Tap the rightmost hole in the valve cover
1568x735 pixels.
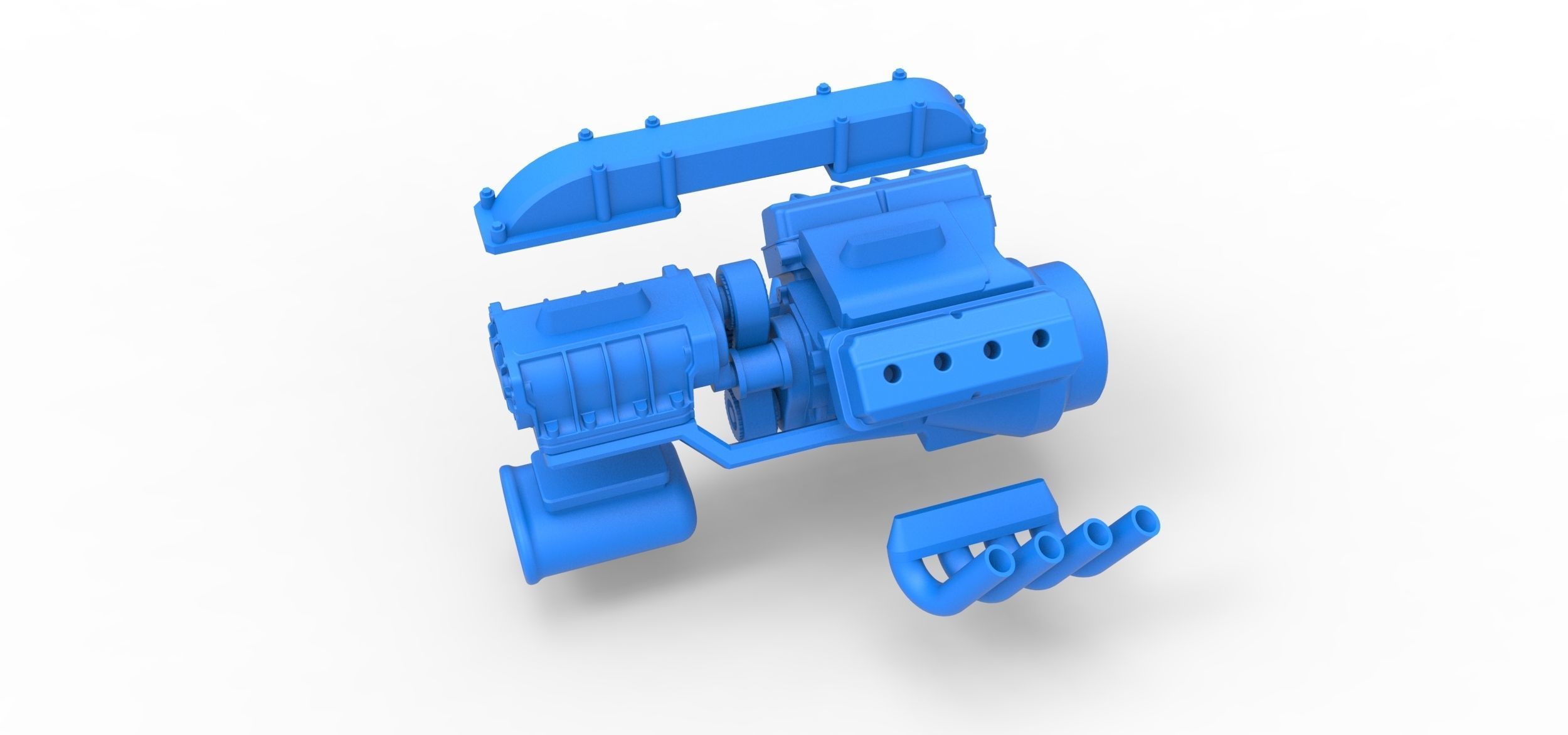coord(1042,339)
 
